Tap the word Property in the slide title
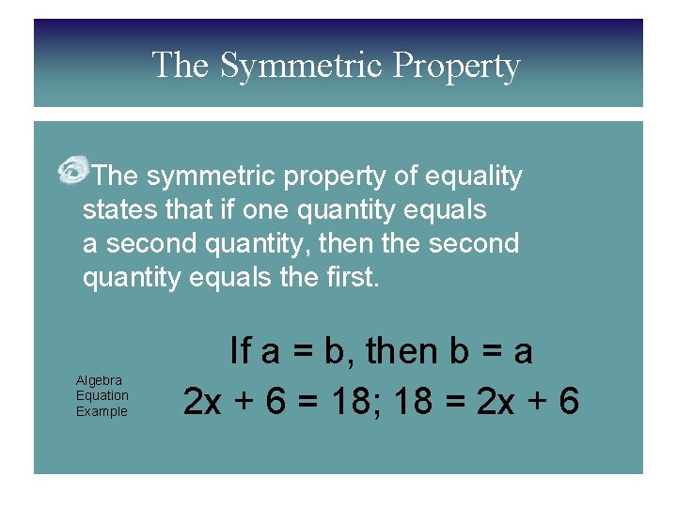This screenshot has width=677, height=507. [456, 66]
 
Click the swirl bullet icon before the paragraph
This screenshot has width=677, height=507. [71, 172]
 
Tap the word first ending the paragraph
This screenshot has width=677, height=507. [354, 277]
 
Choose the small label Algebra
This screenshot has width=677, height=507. [99, 380]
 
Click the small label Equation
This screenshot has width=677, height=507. [102, 395]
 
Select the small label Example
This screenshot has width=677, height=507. [102, 411]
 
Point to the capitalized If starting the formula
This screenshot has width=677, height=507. [241, 352]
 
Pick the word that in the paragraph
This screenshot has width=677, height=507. [197, 209]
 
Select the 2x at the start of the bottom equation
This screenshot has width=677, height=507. [202, 401]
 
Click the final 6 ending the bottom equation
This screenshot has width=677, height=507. [568, 401]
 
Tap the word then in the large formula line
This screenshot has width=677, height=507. [401, 352]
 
